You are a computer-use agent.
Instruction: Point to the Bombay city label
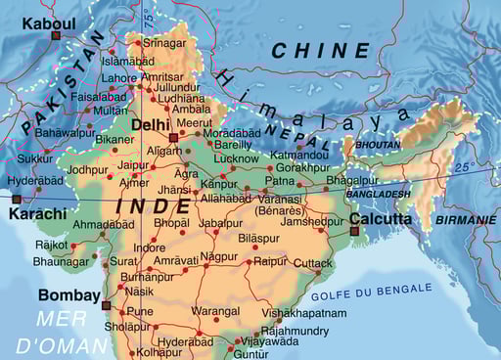point(68,294)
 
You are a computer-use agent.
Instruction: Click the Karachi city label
point(37,213)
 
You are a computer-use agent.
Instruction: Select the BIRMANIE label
point(467,220)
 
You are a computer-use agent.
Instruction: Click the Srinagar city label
point(164,43)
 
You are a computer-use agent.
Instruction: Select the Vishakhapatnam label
point(304,313)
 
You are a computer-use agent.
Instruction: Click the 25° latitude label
point(463,167)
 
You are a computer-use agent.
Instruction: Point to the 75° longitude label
point(148,17)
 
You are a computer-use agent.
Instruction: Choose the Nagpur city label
point(218,257)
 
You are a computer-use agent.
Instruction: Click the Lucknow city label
point(236,157)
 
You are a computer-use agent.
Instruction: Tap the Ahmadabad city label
point(104,224)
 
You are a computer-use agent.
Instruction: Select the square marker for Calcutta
point(353,231)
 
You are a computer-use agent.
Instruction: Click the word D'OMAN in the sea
point(62,344)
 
